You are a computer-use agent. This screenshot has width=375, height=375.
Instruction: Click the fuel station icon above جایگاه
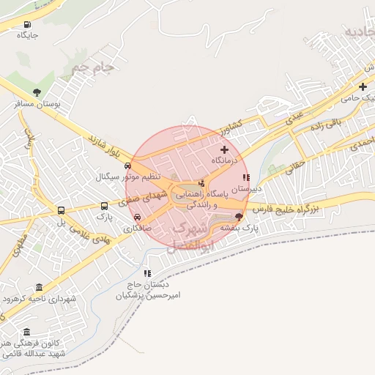coord(28,23)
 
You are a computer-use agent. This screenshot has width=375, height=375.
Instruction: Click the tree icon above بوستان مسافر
coord(37,92)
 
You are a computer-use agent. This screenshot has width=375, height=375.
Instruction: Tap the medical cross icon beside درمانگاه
coord(224,149)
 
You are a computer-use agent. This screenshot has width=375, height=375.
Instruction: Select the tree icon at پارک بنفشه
coord(238,216)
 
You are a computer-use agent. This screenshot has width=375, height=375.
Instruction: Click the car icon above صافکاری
coord(138,217)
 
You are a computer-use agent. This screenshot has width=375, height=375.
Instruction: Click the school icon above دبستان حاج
coord(147,273)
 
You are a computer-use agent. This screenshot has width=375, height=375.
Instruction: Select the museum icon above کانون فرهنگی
coord(27,332)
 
